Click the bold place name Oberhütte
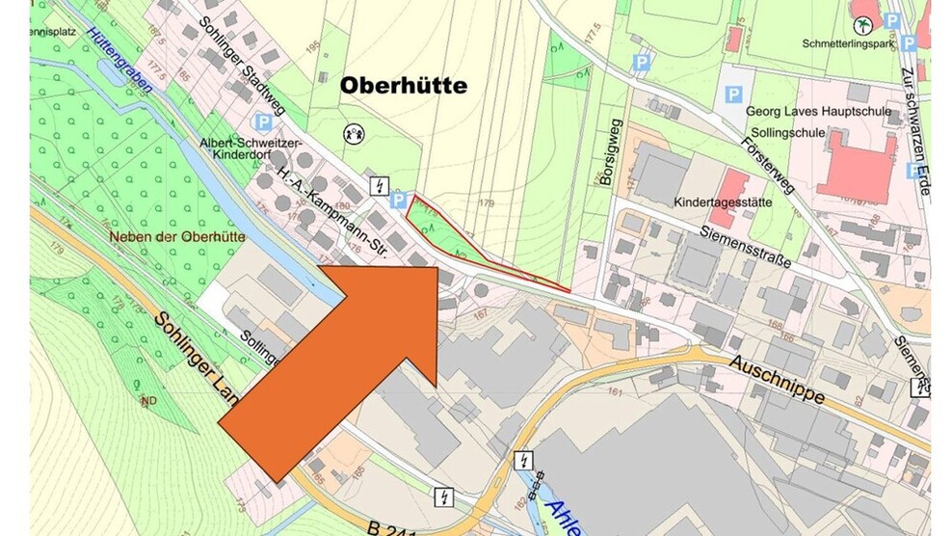404,86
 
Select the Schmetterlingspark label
844,43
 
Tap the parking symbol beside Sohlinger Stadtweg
261,122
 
